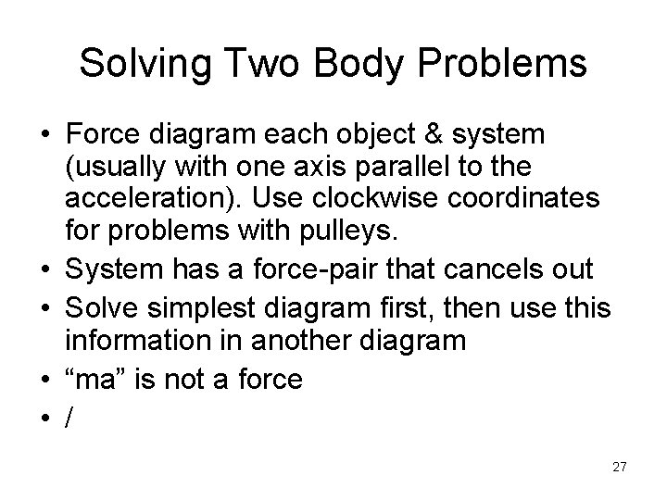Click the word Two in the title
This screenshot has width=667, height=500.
(x=244, y=64)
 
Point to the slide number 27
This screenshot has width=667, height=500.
(x=619, y=468)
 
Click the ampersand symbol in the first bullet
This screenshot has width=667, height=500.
(x=424, y=135)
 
